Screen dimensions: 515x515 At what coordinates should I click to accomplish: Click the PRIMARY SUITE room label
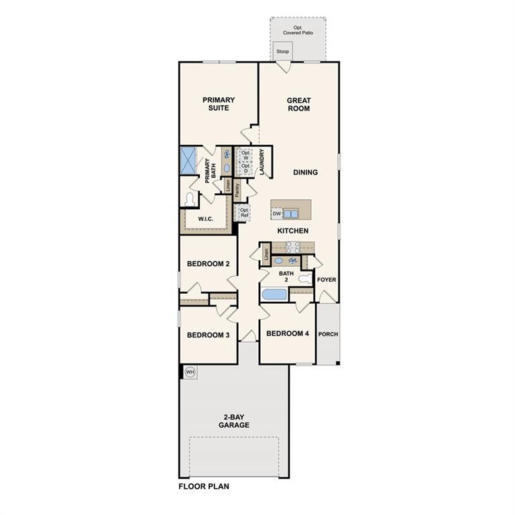pos(219,104)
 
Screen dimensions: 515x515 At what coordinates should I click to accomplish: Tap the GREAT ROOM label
pos(298,105)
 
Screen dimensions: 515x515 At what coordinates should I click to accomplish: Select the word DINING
pos(305,172)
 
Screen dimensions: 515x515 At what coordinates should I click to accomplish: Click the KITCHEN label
pos(293,231)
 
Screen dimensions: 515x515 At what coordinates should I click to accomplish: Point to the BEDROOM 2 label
pos(208,264)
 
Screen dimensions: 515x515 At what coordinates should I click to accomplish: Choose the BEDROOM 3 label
pos(208,335)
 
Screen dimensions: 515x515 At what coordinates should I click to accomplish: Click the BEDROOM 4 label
pos(287,333)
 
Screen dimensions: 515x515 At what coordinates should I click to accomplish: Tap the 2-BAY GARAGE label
pos(233,421)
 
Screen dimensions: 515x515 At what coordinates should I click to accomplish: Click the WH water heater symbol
pos(190,371)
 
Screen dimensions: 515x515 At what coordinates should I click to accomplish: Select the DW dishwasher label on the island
pos(276,214)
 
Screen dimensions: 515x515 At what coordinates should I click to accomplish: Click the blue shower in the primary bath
pos(186,161)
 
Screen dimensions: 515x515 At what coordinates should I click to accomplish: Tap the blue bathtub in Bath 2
pos(274,294)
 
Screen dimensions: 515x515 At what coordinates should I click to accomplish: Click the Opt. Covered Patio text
pos(298,30)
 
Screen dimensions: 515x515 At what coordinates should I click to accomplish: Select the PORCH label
pos(328,334)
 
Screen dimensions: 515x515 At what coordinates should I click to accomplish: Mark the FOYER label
pos(327,280)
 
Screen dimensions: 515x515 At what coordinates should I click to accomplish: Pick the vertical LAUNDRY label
pos(262,162)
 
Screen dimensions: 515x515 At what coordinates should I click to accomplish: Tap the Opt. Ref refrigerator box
pos(245,213)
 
